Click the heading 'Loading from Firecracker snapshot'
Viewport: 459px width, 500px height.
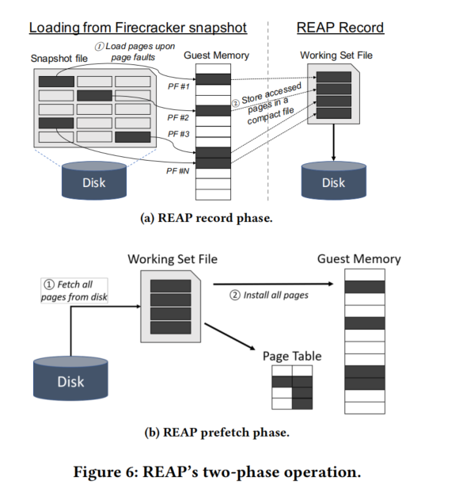click(x=138, y=28)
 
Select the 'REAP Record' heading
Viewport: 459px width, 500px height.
click(x=340, y=28)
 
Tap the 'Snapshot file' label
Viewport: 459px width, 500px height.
click(x=59, y=59)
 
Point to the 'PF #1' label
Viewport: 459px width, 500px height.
click(x=179, y=86)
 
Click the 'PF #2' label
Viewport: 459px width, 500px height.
click(x=178, y=117)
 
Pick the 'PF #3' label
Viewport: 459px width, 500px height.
click(x=179, y=134)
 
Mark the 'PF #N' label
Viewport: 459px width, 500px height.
click(x=178, y=171)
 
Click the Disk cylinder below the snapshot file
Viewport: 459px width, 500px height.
click(x=94, y=181)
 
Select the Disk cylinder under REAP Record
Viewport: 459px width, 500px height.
click(x=334, y=181)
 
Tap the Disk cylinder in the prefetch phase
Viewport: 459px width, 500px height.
click(x=70, y=378)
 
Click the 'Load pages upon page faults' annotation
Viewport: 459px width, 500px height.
click(x=135, y=52)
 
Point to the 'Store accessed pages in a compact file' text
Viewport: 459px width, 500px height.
click(x=267, y=104)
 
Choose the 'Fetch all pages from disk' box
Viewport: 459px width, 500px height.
click(x=74, y=291)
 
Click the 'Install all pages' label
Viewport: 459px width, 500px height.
click(x=269, y=295)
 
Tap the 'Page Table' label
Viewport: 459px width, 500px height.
click(x=292, y=356)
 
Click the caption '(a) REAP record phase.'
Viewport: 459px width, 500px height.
click(x=207, y=218)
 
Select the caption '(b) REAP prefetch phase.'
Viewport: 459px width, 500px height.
click(x=217, y=433)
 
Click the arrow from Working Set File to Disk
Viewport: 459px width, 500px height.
click(x=333, y=142)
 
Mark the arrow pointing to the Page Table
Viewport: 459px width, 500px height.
click(x=230, y=337)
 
